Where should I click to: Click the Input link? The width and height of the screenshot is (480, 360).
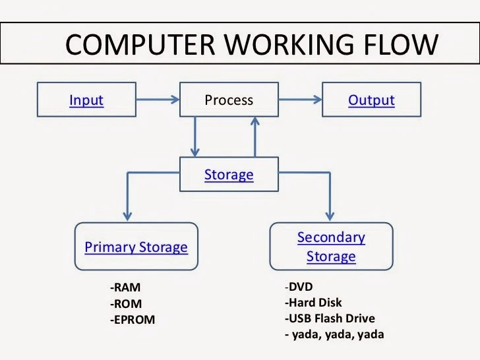pos(86,100)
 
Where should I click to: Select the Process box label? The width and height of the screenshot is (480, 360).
pos(229,100)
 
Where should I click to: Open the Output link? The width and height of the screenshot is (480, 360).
pos(371,100)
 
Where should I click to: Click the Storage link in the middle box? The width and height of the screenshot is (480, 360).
pos(229,175)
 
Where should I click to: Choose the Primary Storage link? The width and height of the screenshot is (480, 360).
pos(136,247)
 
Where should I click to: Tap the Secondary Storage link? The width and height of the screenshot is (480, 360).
pos(331,247)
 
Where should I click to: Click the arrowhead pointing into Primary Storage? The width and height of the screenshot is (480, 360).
pos(129,214)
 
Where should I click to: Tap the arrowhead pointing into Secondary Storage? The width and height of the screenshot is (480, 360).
pos(330,214)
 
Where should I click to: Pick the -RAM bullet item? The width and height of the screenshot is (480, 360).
pos(126,287)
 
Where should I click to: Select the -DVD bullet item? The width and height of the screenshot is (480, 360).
pos(299,287)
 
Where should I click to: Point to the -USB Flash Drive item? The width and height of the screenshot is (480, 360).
pos(330,319)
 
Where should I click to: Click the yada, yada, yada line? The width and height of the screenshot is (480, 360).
pos(334,334)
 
